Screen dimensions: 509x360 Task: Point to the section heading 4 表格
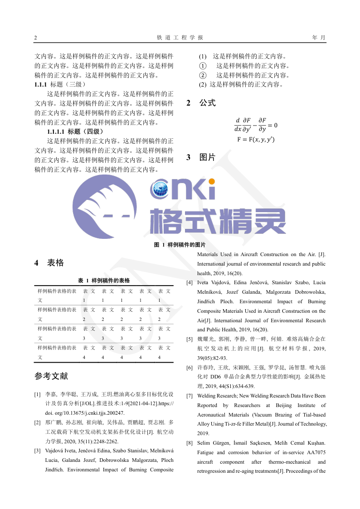point(49,263)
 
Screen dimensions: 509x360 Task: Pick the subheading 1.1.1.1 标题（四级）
point(75,131)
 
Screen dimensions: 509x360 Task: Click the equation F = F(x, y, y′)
point(256,140)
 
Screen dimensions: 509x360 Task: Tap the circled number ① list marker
point(203,66)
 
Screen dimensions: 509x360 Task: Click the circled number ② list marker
point(203,75)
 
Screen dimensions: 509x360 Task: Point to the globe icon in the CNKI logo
point(162,190)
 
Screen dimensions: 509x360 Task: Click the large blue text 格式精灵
point(218,221)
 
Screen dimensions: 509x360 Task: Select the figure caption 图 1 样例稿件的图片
point(180,245)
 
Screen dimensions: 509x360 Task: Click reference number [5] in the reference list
point(190,339)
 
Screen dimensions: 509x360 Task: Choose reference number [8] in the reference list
point(190,443)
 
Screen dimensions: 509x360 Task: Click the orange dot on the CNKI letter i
point(211,182)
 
